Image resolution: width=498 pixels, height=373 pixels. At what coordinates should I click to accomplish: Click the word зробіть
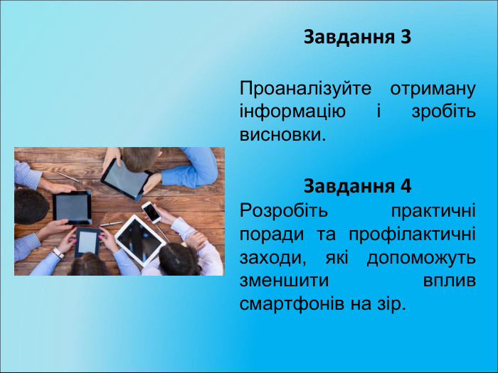click(x=444, y=112)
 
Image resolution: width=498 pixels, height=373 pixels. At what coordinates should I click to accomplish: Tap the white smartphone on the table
click(x=151, y=211)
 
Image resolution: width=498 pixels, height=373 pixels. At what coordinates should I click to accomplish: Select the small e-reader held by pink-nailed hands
click(x=87, y=242)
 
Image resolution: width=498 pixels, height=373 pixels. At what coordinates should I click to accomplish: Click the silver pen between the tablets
click(x=110, y=223)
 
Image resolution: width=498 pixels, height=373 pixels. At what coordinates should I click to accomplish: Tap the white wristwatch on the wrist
click(x=58, y=252)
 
